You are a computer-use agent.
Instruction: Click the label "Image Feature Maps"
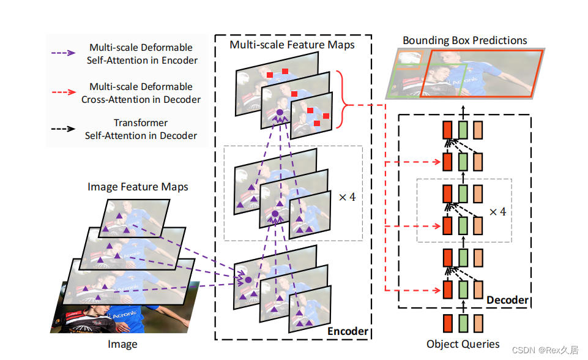tap(138, 187)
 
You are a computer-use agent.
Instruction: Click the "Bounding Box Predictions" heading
tap(465, 40)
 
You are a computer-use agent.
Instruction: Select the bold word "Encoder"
tap(348, 331)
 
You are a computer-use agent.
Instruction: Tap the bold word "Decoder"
tap(507, 300)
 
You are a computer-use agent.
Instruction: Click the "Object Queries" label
tap(463, 343)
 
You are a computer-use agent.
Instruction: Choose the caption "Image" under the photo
tap(122, 344)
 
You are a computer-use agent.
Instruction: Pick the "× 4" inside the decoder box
tap(498, 211)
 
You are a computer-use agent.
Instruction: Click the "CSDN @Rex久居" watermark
tap(545, 350)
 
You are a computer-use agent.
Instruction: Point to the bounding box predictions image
tap(465, 74)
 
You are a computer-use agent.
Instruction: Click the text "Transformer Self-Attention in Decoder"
tap(141, 129)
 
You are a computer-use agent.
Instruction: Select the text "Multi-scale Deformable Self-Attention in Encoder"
tap(141, 54)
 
